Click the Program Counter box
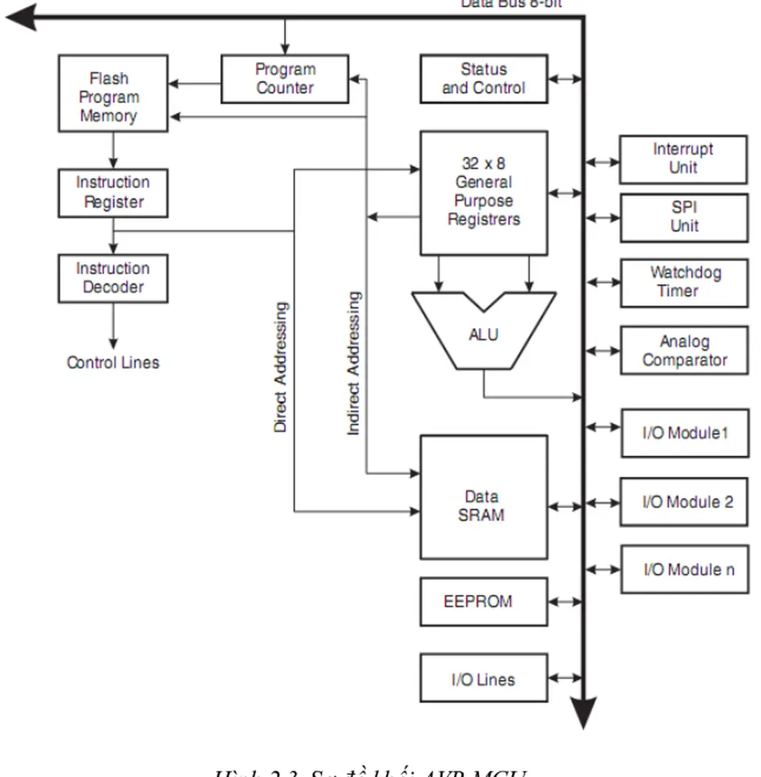click(285, 79)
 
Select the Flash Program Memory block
click(113, 94)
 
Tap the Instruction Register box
click(113, 193)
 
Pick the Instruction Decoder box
click(113, 278)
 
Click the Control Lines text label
click(113, 363)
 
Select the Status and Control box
click(483, 79)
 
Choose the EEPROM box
click(483, 601)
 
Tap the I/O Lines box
click(483, 678)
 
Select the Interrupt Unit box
click(683, 159)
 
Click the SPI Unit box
click(683, 217)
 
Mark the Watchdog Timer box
click(683, 283)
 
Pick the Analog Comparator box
click(683, 350)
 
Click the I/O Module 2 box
click(683, 501)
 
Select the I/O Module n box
click(683, 569)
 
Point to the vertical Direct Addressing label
click(281, 367)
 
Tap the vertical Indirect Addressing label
click(353, 363)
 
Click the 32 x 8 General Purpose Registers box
click(483, 193)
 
